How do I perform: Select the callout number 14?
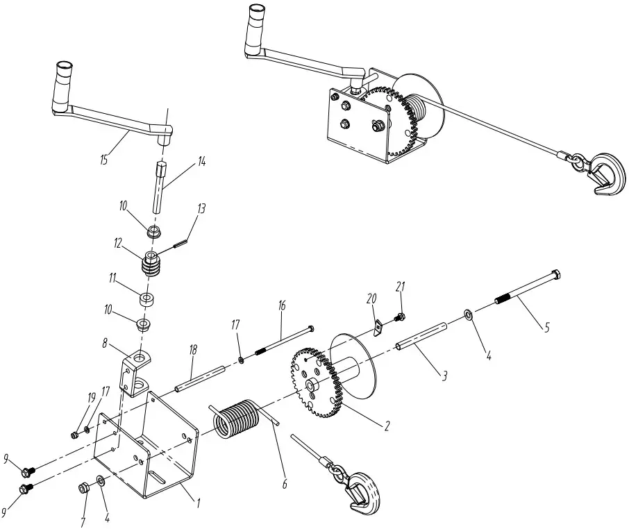pyautogui.click(x=201, y=161)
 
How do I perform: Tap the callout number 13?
pyautogui.click(x=201, y=208)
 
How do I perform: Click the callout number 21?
pyautogui.click(x=400, y=287)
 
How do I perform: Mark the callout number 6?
pyautogui.click(x=284, y=484)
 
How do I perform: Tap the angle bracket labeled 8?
pyautogui.click(x=136, y=371)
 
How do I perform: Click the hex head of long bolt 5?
pyautogui.click(x=555, y=274)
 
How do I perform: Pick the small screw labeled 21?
pyautogui.click(x=401, y=317)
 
